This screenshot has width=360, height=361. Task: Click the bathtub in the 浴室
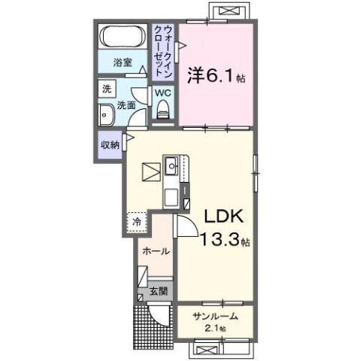pos(122,37)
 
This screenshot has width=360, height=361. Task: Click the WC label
pos(162,93)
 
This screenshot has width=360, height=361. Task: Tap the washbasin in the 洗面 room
pos(105,115)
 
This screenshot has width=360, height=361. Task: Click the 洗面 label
pos(126,106)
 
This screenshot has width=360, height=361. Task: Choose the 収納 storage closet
pos(109,144)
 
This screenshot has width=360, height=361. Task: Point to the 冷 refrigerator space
pos(138,222)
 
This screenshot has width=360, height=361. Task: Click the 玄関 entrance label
pos(158,291)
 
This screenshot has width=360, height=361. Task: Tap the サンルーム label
pos(213,317)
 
